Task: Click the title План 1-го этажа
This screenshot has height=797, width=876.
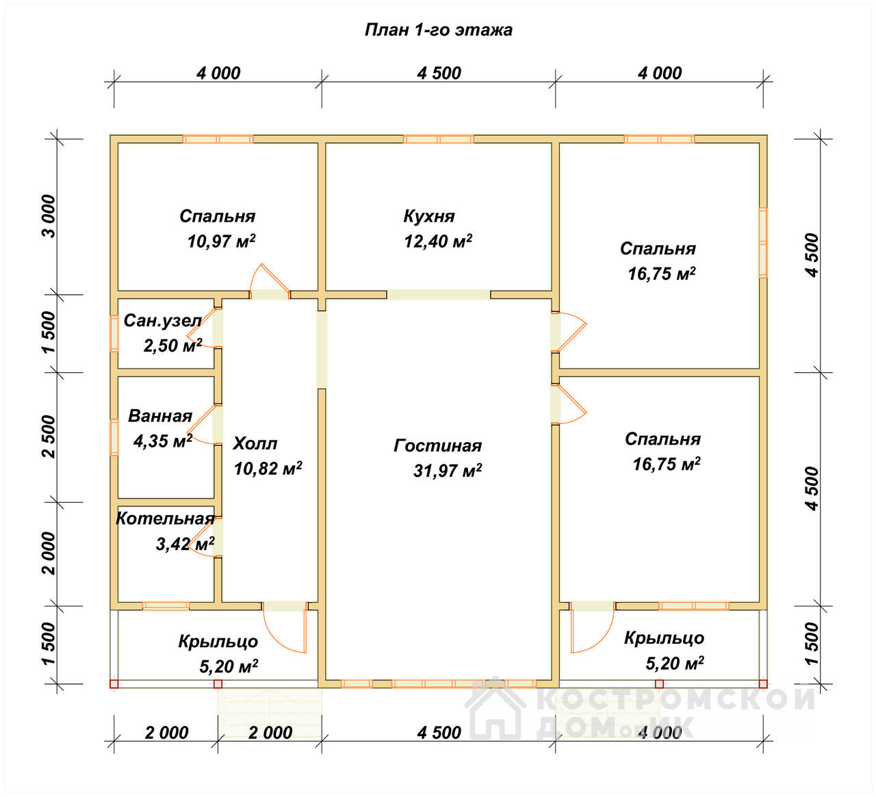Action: [438, 30]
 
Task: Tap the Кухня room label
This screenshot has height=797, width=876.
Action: [429, 216]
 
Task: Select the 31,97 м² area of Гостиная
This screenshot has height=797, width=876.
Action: [448, 471]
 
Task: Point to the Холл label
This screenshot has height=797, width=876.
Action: [255, 443]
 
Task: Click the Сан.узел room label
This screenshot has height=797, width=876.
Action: [163, 320]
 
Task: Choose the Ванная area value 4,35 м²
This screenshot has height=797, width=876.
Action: [163, 441]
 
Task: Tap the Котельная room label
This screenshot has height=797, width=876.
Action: [165, 519]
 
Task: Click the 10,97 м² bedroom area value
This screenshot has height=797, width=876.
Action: [222, 241]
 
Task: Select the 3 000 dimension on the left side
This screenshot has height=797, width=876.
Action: [49, 216]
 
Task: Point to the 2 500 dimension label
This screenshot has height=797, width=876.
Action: [49, 436]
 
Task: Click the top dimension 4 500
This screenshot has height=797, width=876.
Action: [439, 73]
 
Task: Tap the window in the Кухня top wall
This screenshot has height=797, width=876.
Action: [439, 140]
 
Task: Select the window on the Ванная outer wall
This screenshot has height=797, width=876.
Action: [114, 437]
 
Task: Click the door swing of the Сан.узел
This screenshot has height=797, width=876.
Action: [203, 328]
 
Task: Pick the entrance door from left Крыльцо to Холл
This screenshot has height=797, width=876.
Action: [285, 628]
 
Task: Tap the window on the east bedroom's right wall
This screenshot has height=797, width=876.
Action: [763, 242]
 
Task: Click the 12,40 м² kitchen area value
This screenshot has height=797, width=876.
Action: [438, 241]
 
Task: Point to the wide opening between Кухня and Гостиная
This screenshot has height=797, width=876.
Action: [439, 295]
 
